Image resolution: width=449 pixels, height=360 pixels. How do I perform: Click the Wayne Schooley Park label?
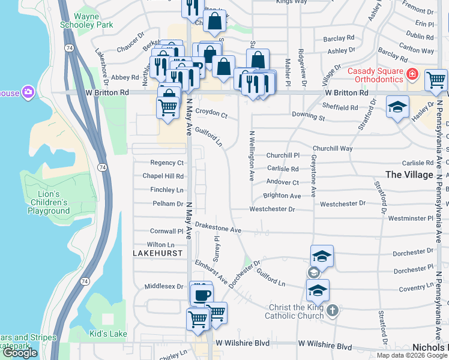86,21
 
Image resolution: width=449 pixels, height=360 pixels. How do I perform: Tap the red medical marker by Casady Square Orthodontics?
412,74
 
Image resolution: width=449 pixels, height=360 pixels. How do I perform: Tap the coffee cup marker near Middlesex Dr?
202,295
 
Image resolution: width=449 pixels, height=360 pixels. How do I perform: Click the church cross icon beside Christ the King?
333,310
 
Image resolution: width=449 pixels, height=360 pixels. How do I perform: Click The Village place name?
409,175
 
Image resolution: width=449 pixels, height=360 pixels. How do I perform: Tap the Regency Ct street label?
167,163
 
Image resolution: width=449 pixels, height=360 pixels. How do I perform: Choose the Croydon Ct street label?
211,113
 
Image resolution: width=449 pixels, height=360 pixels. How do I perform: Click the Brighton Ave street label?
282,196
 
